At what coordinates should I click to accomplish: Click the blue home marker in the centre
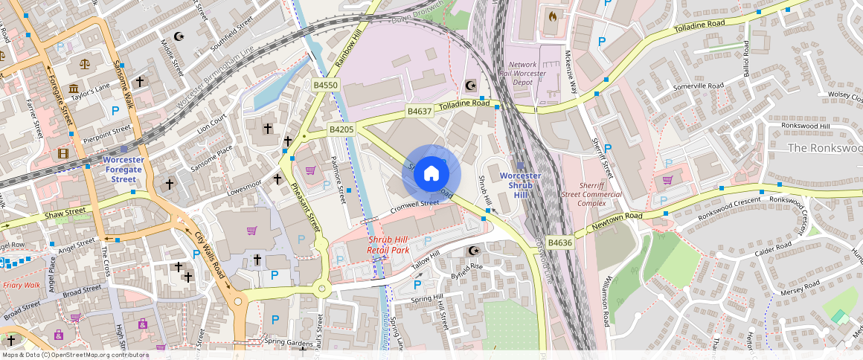(431, 174)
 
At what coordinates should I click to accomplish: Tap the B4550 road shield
(325, 86)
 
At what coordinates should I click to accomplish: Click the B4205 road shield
(341, 129)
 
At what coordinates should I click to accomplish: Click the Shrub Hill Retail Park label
(388, 245)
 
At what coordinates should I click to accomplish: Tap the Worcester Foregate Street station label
(123, 169)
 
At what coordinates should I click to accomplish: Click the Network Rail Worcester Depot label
(527, 74)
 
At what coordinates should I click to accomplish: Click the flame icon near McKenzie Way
(552, 15)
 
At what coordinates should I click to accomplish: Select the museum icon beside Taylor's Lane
(74, 90)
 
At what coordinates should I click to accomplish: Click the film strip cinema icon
(63, 154)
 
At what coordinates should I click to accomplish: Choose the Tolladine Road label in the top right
(699, 29)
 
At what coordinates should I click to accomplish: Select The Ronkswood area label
(824, 148)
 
